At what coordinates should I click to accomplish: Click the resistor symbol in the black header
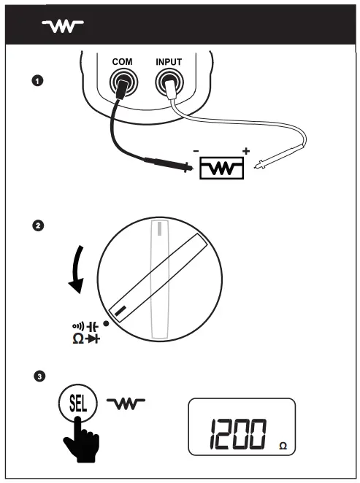point(63,26)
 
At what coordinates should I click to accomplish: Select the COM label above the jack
point(121,63)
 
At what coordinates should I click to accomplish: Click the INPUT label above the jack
point(169,63)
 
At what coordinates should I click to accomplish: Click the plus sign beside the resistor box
point(245,152)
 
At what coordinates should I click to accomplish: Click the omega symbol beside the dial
point(77,339)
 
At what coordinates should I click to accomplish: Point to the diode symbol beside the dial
point(91,340)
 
